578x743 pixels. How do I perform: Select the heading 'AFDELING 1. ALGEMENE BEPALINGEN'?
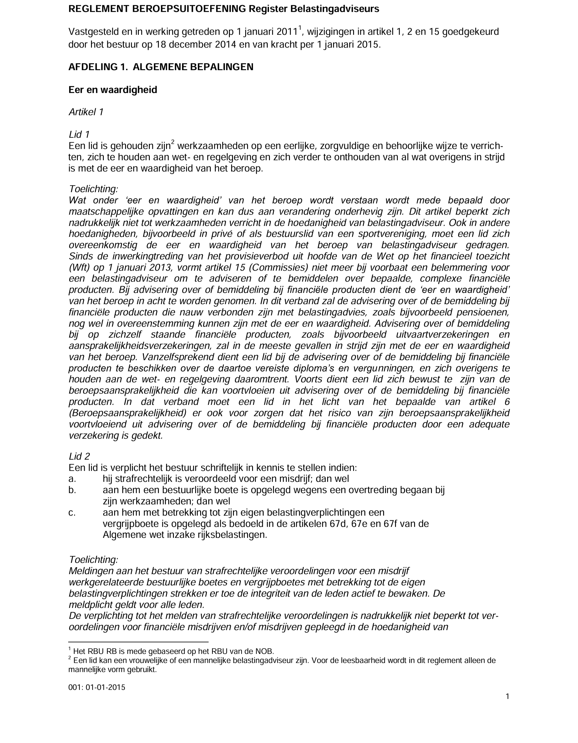pos(161,67)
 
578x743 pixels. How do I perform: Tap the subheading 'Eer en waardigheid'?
pos(113,90)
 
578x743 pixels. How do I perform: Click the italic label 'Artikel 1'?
pos(86,112)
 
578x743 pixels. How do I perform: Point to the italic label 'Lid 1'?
pos(79,135)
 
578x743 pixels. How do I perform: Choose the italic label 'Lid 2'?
pos(79,456)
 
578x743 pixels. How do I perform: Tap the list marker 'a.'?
pos(72,479)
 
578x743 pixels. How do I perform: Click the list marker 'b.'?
pos(72,490)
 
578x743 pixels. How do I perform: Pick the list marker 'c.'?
pos(72,512)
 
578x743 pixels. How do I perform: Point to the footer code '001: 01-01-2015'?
pos(97,687)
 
